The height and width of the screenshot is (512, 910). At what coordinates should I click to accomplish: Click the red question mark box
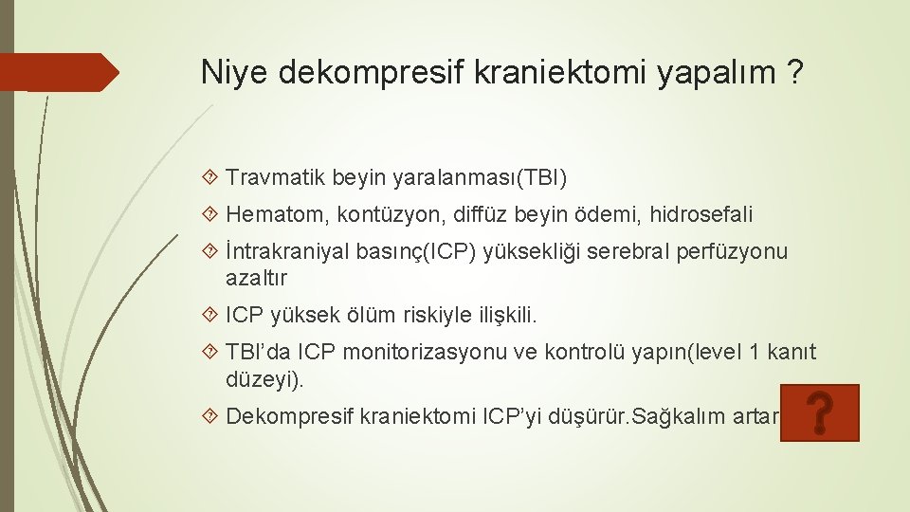point(820,413)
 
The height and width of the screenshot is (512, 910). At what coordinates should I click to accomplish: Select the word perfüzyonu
point(732,252)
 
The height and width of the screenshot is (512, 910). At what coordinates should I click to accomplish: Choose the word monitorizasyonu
point(426,354)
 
